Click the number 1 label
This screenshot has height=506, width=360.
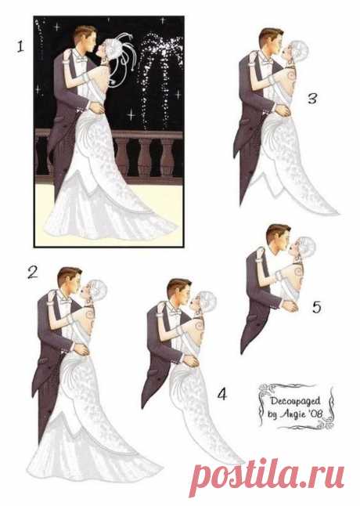(20, 46)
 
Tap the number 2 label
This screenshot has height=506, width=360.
(32, 273)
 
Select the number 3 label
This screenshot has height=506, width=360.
(312, 99)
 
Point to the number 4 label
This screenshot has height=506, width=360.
(222, 394)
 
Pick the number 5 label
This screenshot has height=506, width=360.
(317, 307)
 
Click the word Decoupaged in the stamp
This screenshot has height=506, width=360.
(295, 401)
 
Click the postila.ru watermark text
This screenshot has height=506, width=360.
(267, 476)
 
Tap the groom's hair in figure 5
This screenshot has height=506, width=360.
(278, 231)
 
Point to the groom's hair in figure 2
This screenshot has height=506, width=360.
(69, 274)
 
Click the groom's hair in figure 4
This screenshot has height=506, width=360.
(178, 286)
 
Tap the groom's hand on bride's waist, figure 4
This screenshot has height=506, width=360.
(190, 361)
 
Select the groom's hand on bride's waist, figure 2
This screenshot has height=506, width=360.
(81, 349)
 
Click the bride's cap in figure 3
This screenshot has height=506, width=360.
(299, 49)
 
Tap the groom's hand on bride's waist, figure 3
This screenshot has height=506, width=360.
(282, 110)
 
